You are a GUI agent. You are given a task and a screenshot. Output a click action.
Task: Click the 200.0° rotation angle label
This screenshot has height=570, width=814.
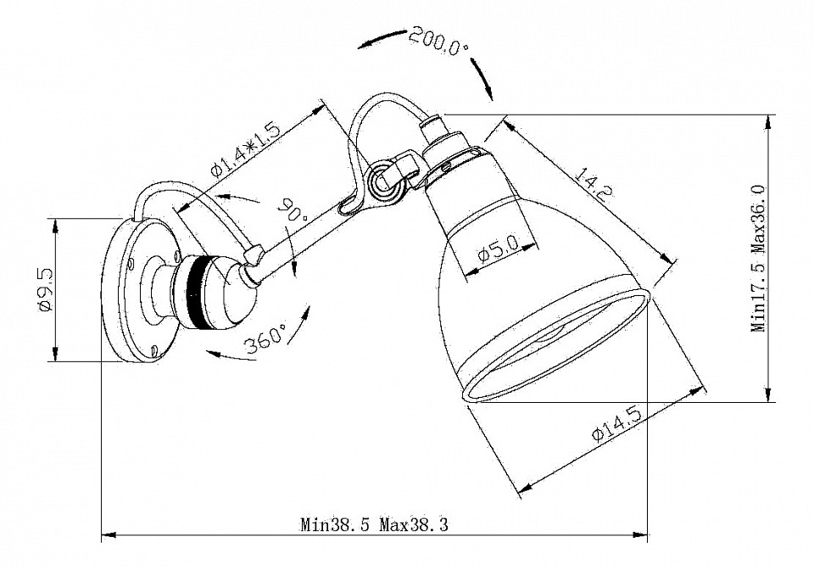click(438, 40)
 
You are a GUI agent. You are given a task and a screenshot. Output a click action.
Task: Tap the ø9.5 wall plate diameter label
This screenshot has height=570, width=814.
click(47, 291)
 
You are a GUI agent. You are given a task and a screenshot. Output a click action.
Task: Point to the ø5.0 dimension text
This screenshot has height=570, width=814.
click(498, 252)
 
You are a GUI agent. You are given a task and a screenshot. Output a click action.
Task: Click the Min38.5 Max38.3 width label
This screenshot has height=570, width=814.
click(374, 523)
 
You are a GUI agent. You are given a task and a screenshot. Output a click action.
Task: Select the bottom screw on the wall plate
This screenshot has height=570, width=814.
click(153, 350)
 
